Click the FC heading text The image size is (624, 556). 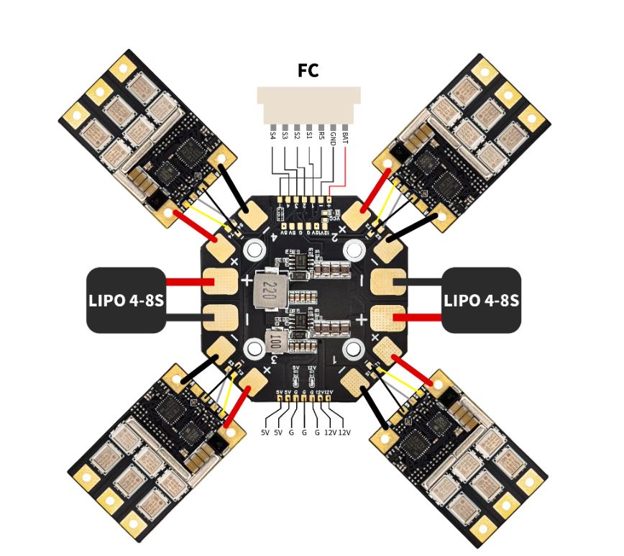[x=308, y=70]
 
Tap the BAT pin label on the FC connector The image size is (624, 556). [x=346, y=136]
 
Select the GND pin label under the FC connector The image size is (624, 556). [x=333, y=137]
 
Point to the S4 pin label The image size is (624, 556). [x=272, y=135]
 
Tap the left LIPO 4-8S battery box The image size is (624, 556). [x=127, y=300]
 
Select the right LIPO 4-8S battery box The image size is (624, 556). [x=481, y=300]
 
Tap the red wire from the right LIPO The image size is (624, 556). [x=421, y=317]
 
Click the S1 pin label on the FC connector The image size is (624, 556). [x=309, y=135]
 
